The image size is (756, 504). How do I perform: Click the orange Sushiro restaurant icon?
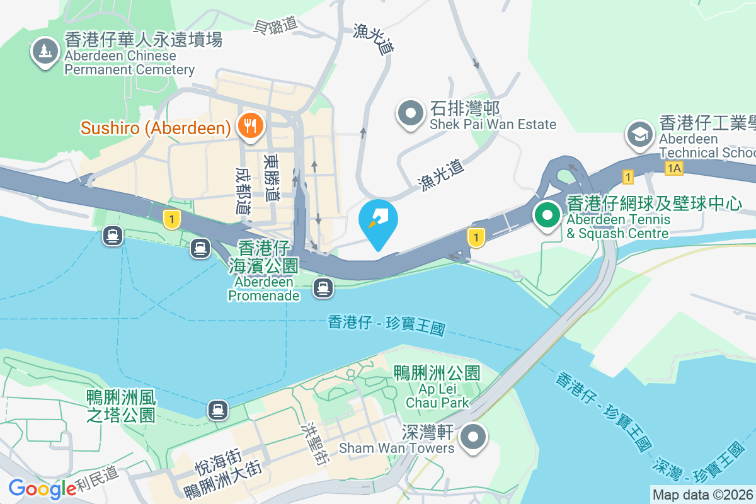[x=250, y=126]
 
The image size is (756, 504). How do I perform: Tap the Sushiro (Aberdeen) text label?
[x=155, y=129]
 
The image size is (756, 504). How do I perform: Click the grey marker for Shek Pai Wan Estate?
[x=411, y=113]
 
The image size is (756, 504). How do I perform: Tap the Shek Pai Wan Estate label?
[x=493, y=116]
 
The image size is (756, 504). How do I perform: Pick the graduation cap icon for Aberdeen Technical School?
[x=639, y=133]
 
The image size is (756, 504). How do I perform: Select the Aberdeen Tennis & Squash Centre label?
[x=653, y=218]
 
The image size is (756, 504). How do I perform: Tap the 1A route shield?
[x=673, y=168]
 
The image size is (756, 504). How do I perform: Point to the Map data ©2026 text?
[x=702, y=495]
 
